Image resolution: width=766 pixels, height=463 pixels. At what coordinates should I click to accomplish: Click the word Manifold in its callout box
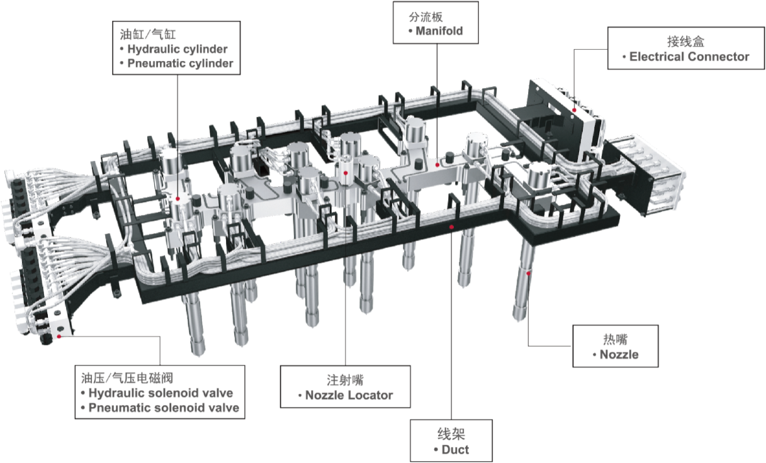coord(439,31)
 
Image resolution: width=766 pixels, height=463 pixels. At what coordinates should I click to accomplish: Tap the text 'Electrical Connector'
coord(689,57)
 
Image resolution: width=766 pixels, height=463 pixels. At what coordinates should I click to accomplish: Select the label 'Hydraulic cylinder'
coord(177,49)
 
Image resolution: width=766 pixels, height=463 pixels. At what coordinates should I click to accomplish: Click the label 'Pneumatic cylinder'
coord(180,64)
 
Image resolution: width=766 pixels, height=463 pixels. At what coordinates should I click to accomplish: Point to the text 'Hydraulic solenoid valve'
coord(161,393)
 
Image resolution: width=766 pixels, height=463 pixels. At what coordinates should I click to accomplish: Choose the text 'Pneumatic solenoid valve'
coord(164,408)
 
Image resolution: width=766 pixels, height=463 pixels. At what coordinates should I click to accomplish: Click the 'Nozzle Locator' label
coord(349,395)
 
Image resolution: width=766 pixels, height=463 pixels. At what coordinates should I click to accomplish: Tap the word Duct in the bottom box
coord(455,450)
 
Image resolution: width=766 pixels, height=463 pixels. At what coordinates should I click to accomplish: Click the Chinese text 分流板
coord(425,17)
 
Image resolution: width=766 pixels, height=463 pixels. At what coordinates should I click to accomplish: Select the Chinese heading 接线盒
coord(685,42)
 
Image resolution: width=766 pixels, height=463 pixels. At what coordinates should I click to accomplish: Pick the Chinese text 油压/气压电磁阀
coord(127,378)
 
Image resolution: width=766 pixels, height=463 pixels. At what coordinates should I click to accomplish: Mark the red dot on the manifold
coord(437,165)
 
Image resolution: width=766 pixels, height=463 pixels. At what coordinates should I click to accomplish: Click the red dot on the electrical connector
coord(574,110)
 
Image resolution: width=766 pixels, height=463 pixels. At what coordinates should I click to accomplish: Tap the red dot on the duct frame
coord(451,227)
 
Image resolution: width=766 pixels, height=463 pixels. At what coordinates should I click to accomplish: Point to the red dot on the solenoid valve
coord(59,337)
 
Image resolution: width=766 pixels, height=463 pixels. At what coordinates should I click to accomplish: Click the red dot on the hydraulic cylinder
coord(177,199)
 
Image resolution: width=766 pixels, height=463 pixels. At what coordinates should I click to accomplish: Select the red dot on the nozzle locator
coord(346,173)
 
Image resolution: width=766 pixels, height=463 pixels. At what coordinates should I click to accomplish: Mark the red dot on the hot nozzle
coord(528,274)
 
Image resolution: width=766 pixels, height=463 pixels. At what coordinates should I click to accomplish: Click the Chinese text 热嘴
coord(615,339)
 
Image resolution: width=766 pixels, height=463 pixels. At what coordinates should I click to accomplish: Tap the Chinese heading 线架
coord(451,434)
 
